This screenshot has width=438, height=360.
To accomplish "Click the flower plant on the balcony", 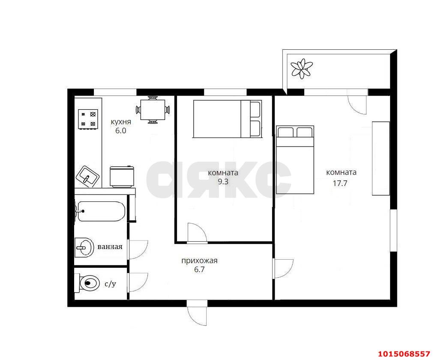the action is pos(301,68).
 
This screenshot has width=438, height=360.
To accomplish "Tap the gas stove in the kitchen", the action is pos(88,119).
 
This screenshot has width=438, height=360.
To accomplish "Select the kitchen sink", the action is pos(88,176).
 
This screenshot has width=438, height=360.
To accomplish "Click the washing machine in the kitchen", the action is pos(123,177).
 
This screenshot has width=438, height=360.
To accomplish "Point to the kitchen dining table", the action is pos(153,110).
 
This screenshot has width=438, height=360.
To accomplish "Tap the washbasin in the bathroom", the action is pos(84,247).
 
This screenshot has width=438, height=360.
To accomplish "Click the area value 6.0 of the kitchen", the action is pos(121,131).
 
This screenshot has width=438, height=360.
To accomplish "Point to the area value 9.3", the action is pos(223,182).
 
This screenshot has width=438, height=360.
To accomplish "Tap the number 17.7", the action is pos(340,183).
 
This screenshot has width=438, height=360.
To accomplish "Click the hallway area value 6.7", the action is pos(199,270).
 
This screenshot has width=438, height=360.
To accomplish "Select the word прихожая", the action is pos(199,261).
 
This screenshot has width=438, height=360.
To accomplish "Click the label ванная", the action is pos(110,247).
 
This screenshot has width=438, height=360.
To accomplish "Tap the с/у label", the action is pos(110,284).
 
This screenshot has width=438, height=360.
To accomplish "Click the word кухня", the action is pos(121,122).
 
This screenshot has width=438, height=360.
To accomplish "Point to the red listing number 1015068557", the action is pos(404,354).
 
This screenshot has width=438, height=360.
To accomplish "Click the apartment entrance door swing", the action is pos(197,313).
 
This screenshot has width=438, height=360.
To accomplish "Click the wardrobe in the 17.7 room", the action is pos(381,158).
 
